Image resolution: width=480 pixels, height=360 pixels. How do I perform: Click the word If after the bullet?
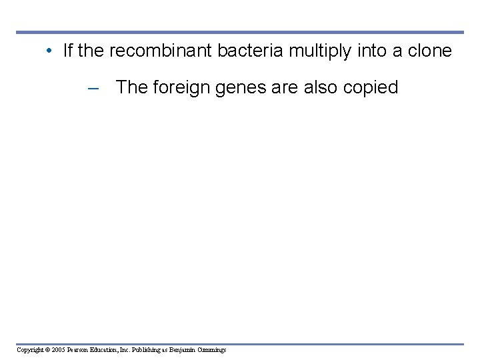[67, 51]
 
